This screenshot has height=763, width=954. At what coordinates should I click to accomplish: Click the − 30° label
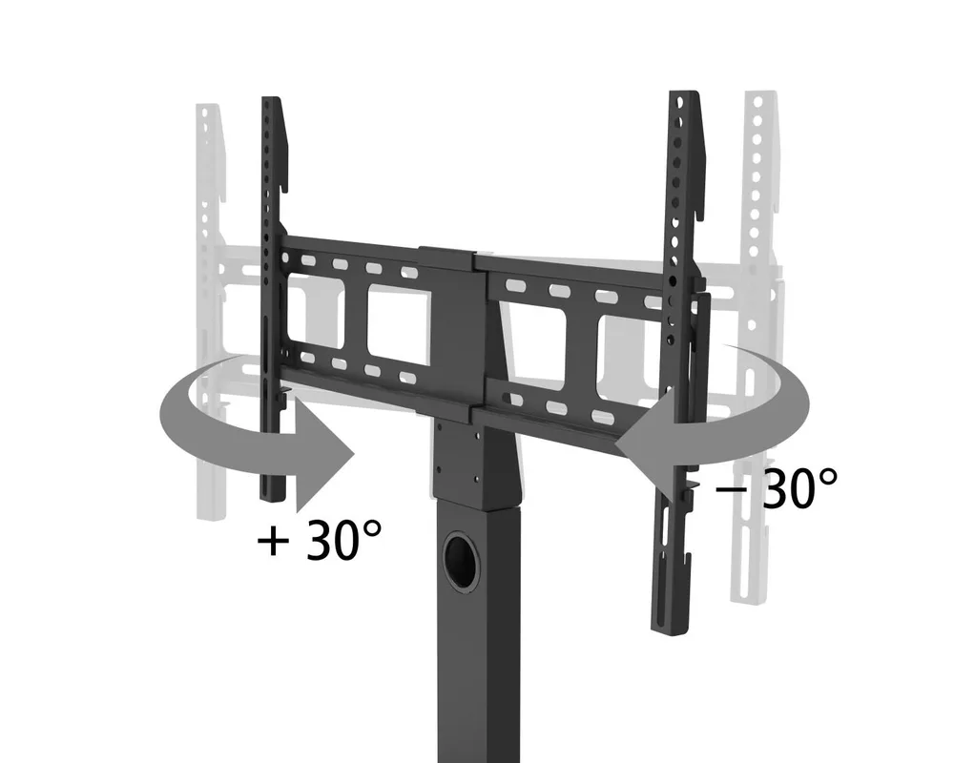777,489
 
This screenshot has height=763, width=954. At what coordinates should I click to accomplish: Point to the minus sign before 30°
732,490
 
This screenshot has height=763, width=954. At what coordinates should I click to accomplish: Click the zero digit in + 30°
344,542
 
